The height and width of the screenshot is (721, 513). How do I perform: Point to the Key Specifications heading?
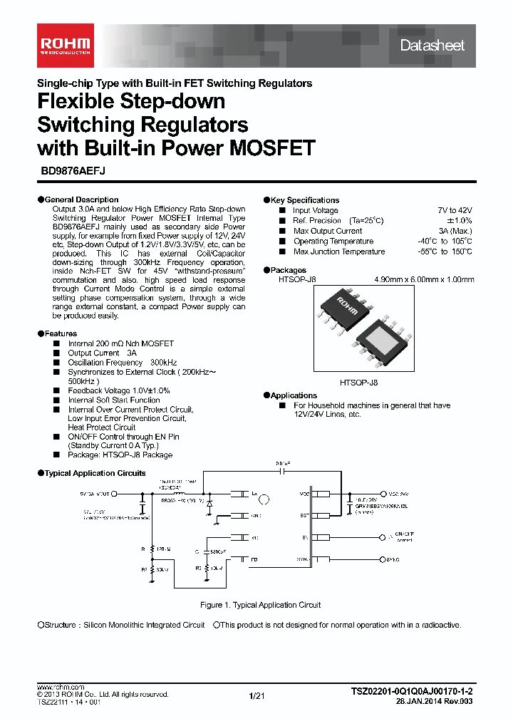(305, 200)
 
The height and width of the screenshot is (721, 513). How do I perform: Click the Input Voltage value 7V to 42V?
(455, 211)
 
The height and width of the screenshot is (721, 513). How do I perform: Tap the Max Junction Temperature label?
(338, 251)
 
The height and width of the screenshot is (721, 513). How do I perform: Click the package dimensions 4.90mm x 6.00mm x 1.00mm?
(424, 280)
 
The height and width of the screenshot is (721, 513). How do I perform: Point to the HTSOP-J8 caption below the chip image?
(359, 383)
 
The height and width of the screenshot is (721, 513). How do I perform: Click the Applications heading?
(294, 395)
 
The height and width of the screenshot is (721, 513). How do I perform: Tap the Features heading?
(61, 333)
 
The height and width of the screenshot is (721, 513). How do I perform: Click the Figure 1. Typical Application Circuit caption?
(260, 605)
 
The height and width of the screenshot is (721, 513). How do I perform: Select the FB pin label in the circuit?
(254, 560)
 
